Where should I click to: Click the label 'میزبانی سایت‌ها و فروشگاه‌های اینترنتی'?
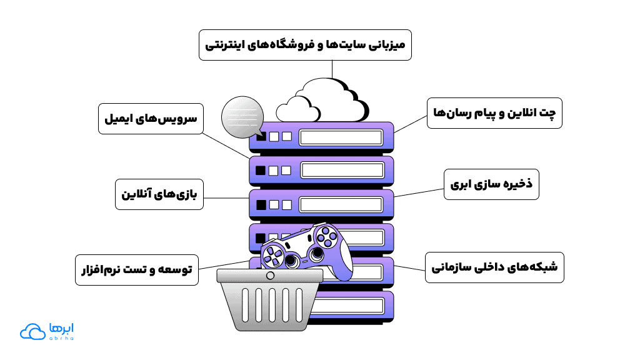click(305, 45)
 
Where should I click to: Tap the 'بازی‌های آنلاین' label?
click(159, 194)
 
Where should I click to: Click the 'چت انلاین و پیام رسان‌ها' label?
click(494, 113)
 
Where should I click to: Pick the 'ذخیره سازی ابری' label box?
click(491, 184)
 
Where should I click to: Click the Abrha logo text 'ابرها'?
click(61, 328)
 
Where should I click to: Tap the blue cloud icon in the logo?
click(31, 332)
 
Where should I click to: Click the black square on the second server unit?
click(260, 170)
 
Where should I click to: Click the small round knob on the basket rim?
click(270, 276)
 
